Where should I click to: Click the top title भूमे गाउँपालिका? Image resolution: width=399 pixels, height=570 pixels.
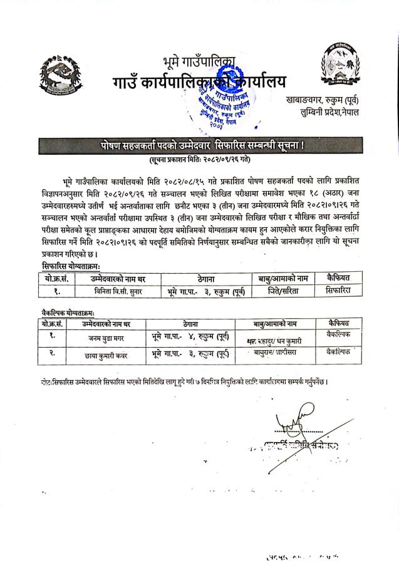199,63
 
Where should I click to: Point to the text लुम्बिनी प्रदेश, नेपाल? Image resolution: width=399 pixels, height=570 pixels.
331,111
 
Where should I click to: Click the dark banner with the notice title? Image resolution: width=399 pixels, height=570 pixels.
199,146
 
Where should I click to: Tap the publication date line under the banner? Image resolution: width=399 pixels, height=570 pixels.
199,160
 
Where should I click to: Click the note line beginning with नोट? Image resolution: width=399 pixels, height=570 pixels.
182,381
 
